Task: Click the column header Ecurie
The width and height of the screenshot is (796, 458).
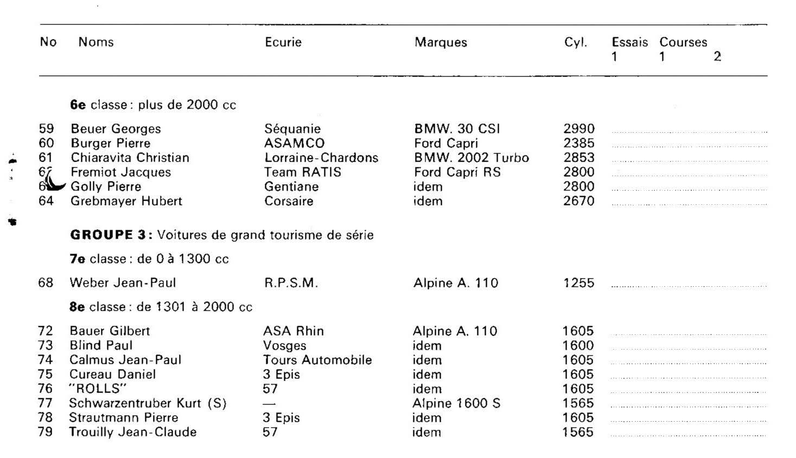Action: pos(283,42)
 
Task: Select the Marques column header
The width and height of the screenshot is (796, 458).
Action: pos(441,42)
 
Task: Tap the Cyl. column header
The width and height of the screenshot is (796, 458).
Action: pos(575,42)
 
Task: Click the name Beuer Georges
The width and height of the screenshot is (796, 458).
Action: pos(116,129)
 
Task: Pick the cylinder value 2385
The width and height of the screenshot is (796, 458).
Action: pos(579,144)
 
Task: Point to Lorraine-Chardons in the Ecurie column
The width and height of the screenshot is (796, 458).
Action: pos(321,158)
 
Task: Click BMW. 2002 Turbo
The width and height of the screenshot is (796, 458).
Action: pos(471,158)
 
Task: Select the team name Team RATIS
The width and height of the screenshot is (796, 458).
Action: pos(303,172)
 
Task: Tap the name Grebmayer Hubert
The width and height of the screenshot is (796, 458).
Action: pos(126,201)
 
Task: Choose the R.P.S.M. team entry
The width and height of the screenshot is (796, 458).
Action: pos(290,283)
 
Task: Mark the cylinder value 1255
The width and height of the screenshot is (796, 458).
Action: pos(578,283)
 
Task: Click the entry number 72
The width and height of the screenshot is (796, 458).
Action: pos(46,331)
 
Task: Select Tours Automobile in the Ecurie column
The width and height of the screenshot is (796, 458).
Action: pos(317,360)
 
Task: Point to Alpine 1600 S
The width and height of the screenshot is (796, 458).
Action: pos(456,403)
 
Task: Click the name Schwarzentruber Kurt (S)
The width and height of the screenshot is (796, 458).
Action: pos(147,403)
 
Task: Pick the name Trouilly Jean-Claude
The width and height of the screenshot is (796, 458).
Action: pos(132,432)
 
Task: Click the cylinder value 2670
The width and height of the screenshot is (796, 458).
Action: pos(579,201)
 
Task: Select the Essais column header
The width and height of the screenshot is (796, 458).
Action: pos(629,42)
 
